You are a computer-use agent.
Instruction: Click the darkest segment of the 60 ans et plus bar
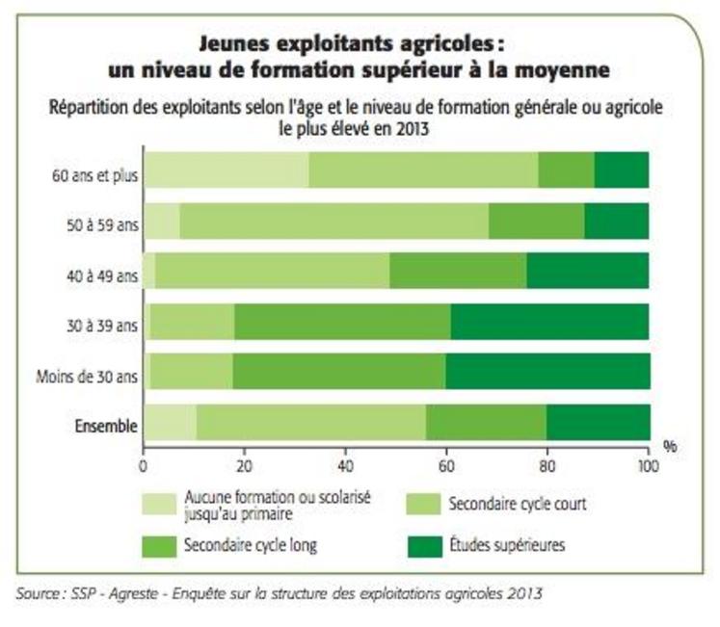pyautogui.click(x=622, y=170)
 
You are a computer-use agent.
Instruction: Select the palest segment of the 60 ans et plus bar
pyautogui.click(x=227, y=170)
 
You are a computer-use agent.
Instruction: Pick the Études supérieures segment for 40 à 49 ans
pyautogui.click(x=588, y=271)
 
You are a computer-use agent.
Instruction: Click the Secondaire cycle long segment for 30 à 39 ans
pyautogui.click(x=342, y=321)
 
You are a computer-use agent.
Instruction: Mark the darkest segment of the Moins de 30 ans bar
pyautogui.click(x=547, y=371)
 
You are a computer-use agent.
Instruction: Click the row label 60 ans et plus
pyautogui.click(x=94, y=176)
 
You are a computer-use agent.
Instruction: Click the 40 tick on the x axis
pyautogui.click(x=345, y=466)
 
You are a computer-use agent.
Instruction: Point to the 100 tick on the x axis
pyautogui.click(x=648, y=466)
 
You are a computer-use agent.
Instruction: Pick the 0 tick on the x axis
pyautogui.click(x=144, y=466)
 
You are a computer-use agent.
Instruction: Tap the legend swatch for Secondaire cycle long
pyautogui.click(x=159, y=544)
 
